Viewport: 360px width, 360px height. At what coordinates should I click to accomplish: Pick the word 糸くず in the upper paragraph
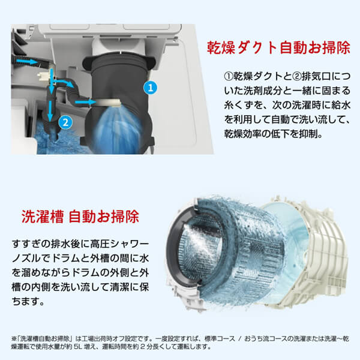coord(238,107)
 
